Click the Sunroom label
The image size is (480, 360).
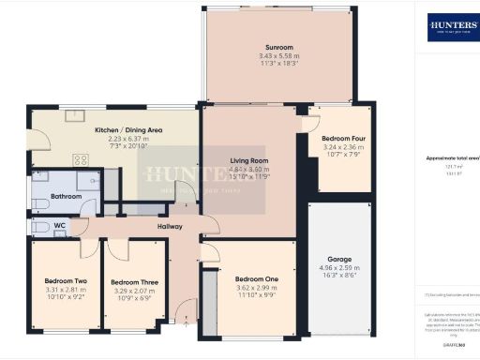coord(279,46)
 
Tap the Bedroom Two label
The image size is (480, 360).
coord(66,280)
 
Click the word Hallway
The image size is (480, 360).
coord(170,227)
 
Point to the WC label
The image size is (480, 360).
coord(58,226)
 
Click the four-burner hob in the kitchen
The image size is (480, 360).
coord(82,159)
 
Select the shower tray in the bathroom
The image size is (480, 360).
coord(90,179)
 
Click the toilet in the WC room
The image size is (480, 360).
coord(40,227)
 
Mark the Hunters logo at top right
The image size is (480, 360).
coord(453,27)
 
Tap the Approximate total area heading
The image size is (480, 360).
coord(453,157)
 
